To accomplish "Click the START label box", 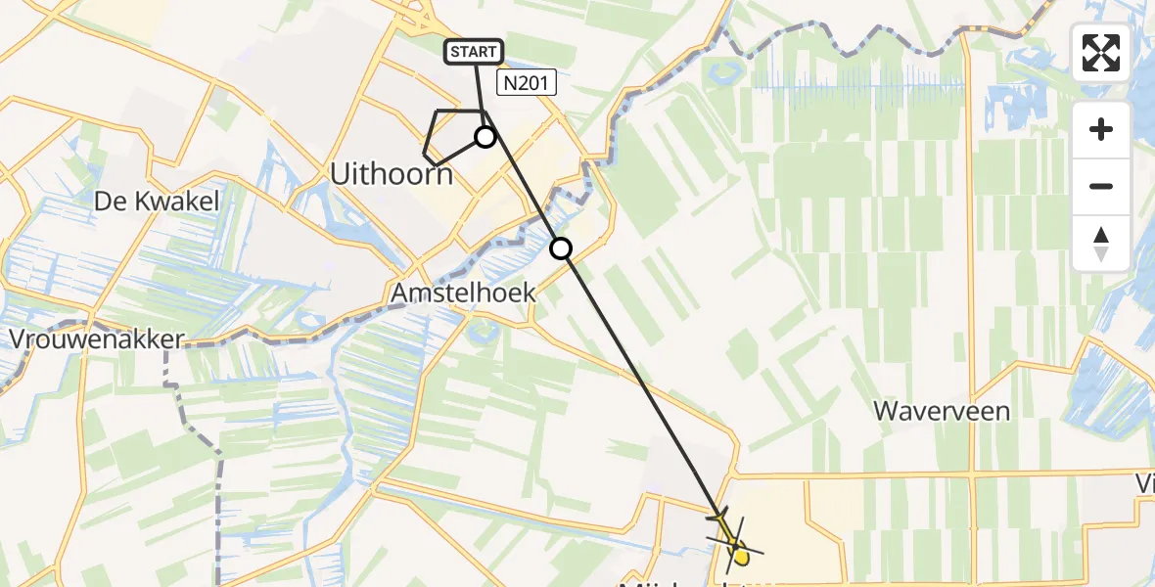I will (x=475, y=52).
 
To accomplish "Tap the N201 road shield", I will (x=526, y=84).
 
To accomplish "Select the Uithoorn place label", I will (x=392, y=175).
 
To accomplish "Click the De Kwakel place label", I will (x=157, y=202).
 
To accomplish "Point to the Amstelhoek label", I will (x=463, y=293).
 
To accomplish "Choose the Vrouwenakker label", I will (x=97, y=339).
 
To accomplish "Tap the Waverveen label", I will (x=942, y=411).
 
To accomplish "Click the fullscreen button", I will (x=1101, y=53).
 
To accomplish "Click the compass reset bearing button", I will (x=1101, y=244).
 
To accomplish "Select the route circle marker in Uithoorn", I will (x=485, y=137).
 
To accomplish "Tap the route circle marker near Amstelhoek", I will (x=561, y=248).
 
